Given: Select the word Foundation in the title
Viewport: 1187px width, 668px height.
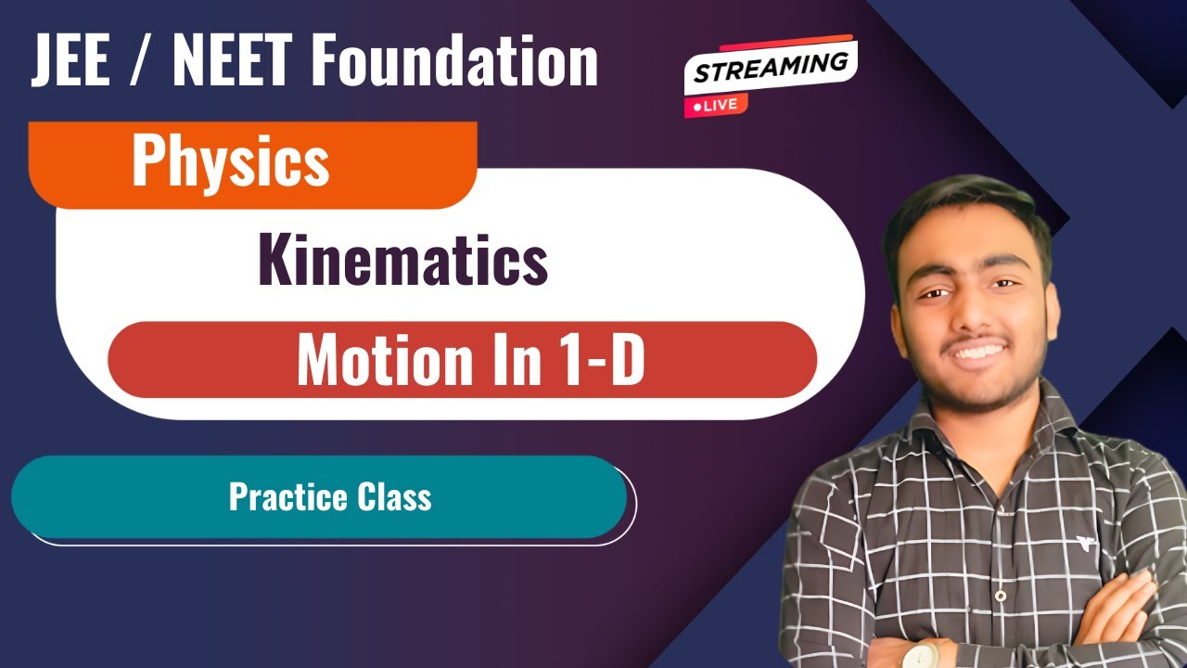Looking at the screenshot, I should (x=455, y=60).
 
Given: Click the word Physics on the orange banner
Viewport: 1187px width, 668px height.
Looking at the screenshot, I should (x=230, y=160).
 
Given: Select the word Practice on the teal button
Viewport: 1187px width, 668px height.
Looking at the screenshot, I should (x=276, y=497).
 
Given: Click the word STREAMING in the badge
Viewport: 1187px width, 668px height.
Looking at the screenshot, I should (x=770, y=69).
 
